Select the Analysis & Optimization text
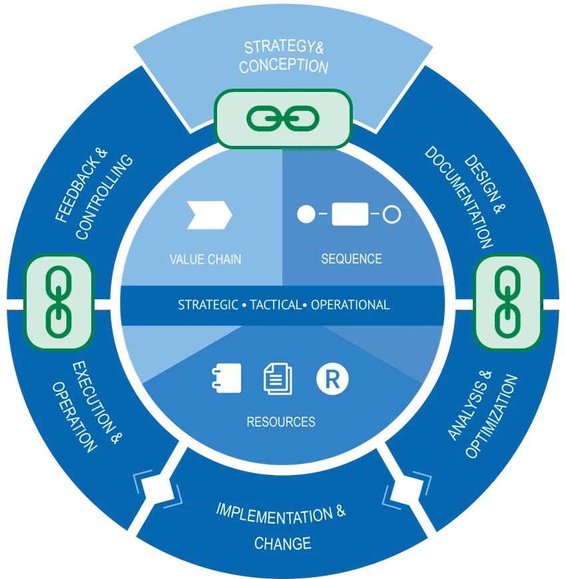coord(482,417)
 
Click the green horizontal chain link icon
coord(283,118)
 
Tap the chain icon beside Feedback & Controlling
coord(59,302)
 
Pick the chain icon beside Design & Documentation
coord(507,302)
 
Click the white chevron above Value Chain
coord(209,215)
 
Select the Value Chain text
coord(205,259)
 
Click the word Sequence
coord(352,259)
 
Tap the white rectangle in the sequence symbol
coord(350,215)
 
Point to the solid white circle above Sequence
coord(306,215)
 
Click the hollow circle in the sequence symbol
coord(392,215)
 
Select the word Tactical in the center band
coord(274,305)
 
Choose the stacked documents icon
coord(278,378)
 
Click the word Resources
coord(281,422)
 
